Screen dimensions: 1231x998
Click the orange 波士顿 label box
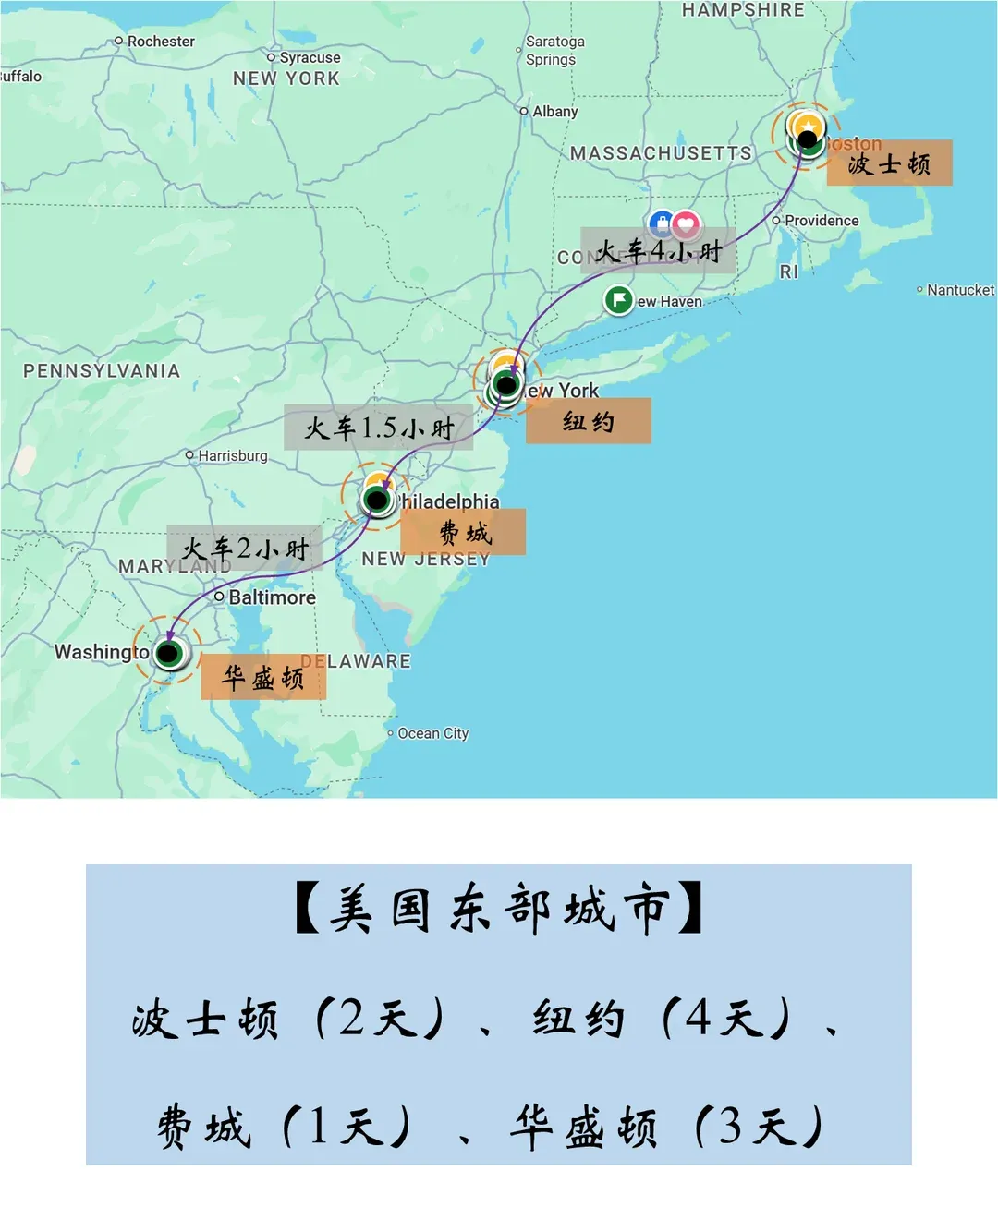[x=889, y=163]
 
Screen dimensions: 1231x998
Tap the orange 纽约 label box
[x=589, y=421]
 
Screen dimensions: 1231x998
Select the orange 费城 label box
[x=463, y=532]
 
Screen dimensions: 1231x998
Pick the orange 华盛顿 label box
[x=263, y=677]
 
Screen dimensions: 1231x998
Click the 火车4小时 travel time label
[x=658, y=250]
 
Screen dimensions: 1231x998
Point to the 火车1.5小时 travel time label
[x=379, y=428]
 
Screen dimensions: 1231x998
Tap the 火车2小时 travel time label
[x=245, y=549]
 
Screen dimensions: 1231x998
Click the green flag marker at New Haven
[x=618, y=300]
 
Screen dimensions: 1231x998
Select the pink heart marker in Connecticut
[x=685, y=223]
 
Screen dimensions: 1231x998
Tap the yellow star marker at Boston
[x=809, y=125]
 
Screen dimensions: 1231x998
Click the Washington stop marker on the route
[x=168, y=654]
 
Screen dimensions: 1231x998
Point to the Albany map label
[x=554, y=112]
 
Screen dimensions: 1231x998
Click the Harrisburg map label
[x=232, y=456]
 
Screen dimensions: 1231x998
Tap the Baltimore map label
[x=272, y=597]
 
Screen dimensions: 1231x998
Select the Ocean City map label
[x=432, y=733]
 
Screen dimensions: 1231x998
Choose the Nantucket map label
[x=960, y=290]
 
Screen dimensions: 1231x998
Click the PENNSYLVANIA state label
[x=102, y=371]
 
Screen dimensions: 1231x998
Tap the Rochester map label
[x=161, y=42]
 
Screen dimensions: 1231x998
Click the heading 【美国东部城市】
[x=499, y=910]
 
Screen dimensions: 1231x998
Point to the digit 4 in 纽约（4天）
[x=699, y=1019]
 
